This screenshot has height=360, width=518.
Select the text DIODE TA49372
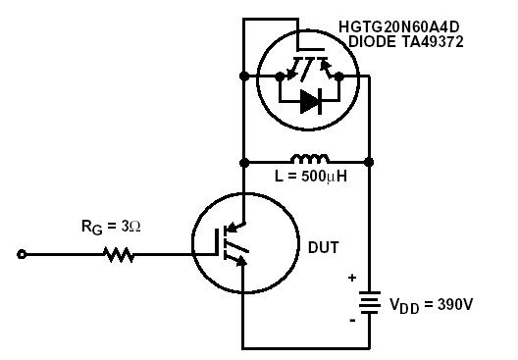pyautogui.click(x=406, y=42)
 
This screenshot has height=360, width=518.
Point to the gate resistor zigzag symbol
pyautogui.click(x=119, y=255)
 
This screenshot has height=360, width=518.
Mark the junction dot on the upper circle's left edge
pyautogui.click(x=242, y=75)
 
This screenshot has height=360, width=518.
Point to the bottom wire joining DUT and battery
pyautogui.click(x=305, y=347)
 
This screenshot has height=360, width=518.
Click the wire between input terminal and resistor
pyautogui.click(x=64, y=255)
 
